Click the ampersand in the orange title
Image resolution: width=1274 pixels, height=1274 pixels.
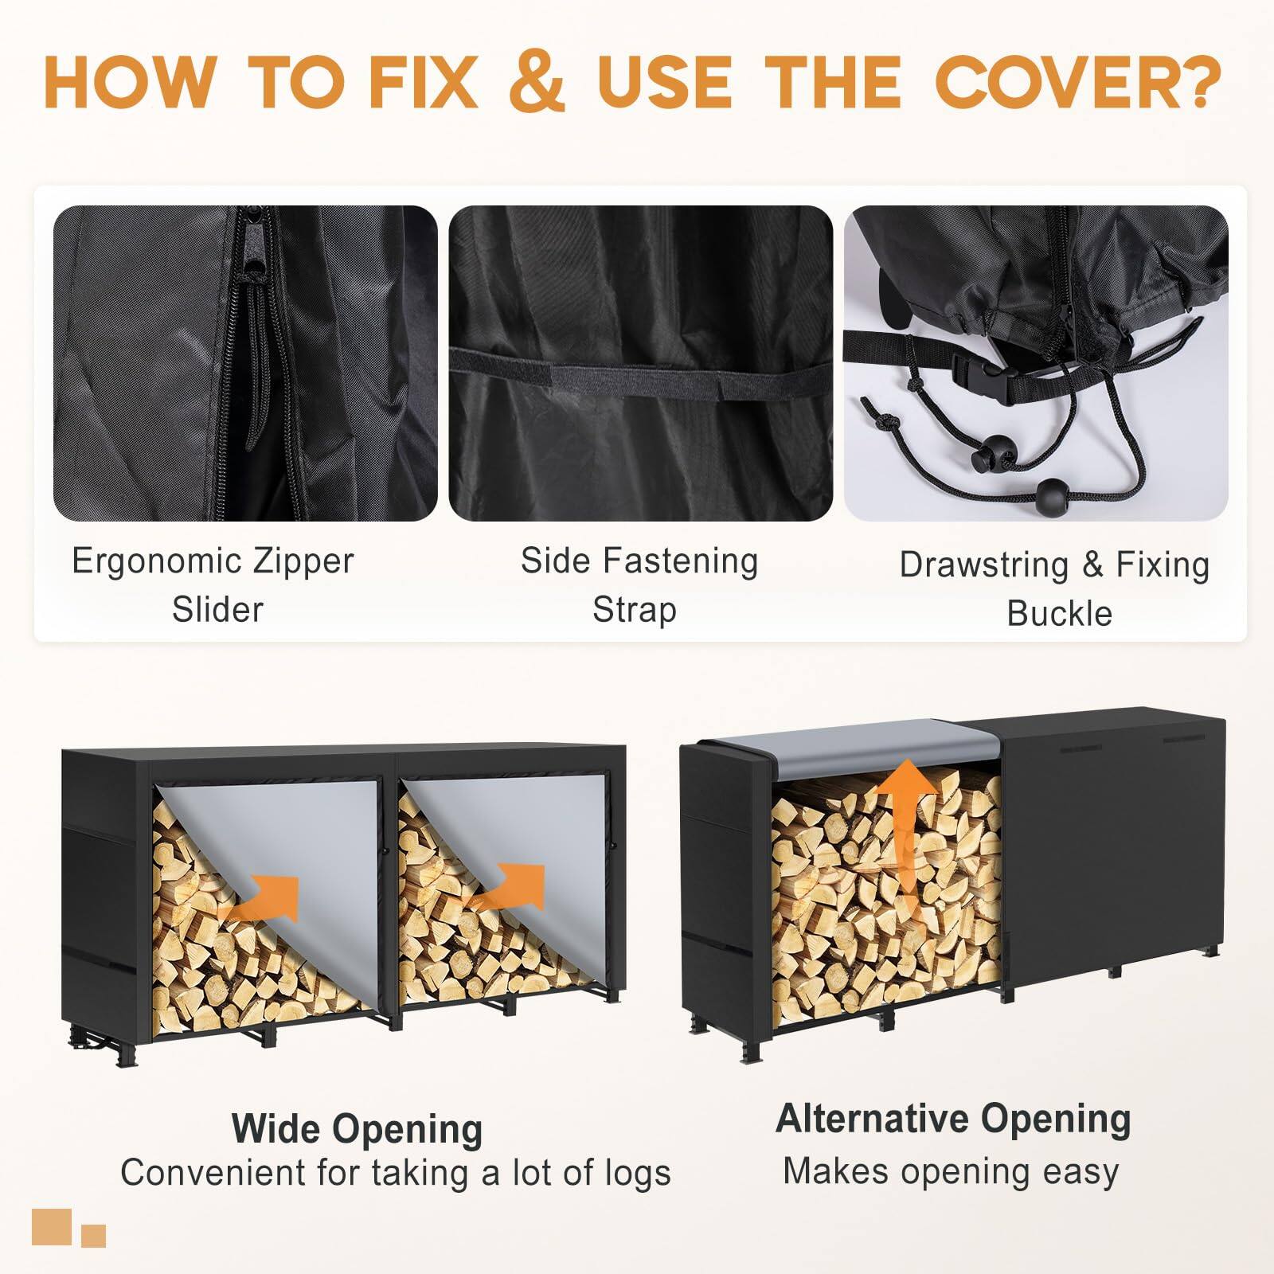click(537, 81)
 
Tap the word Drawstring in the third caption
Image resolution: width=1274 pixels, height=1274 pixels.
click(984, 565)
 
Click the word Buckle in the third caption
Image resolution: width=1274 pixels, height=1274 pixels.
click(1059, 614)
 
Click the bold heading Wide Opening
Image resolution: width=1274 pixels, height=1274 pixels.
click(357, 1128)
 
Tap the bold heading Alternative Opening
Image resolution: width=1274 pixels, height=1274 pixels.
click(953, 1118)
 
